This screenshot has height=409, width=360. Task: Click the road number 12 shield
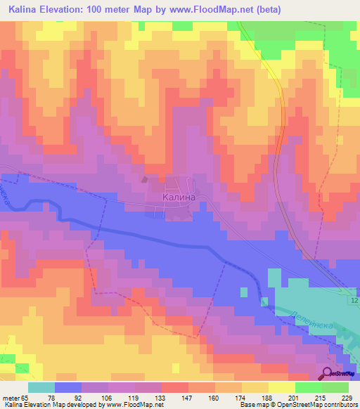pyautogui.click(x=353, y=301)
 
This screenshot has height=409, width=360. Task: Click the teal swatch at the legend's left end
pyautogui.click(x=41, y=387)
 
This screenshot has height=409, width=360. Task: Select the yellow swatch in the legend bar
pyautogui.click(x=281, y=387)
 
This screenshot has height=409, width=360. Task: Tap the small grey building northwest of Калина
pyautogui.click(x=146, y=179)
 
